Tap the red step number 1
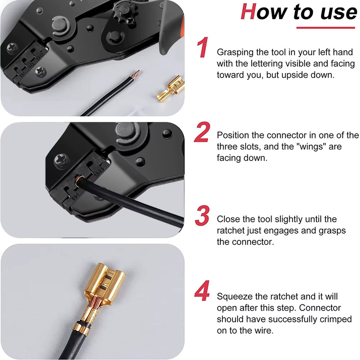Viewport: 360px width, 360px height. pyautogui.click(x=202, y=47)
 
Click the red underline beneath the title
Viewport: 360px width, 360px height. pyautogui.click(x=326, y=28)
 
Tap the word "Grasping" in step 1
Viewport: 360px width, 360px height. pyautogui.click(x=235, y=52)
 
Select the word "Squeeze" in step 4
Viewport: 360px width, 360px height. pyautogui.click(x=234, y=297)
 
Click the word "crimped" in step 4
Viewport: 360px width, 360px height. pyautogui.click(x=336, y=319)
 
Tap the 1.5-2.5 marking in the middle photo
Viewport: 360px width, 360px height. pyautogui.click(x=99, y=171)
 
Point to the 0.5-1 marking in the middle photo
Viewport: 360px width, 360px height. pyautogui.click(x=76, y=196)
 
